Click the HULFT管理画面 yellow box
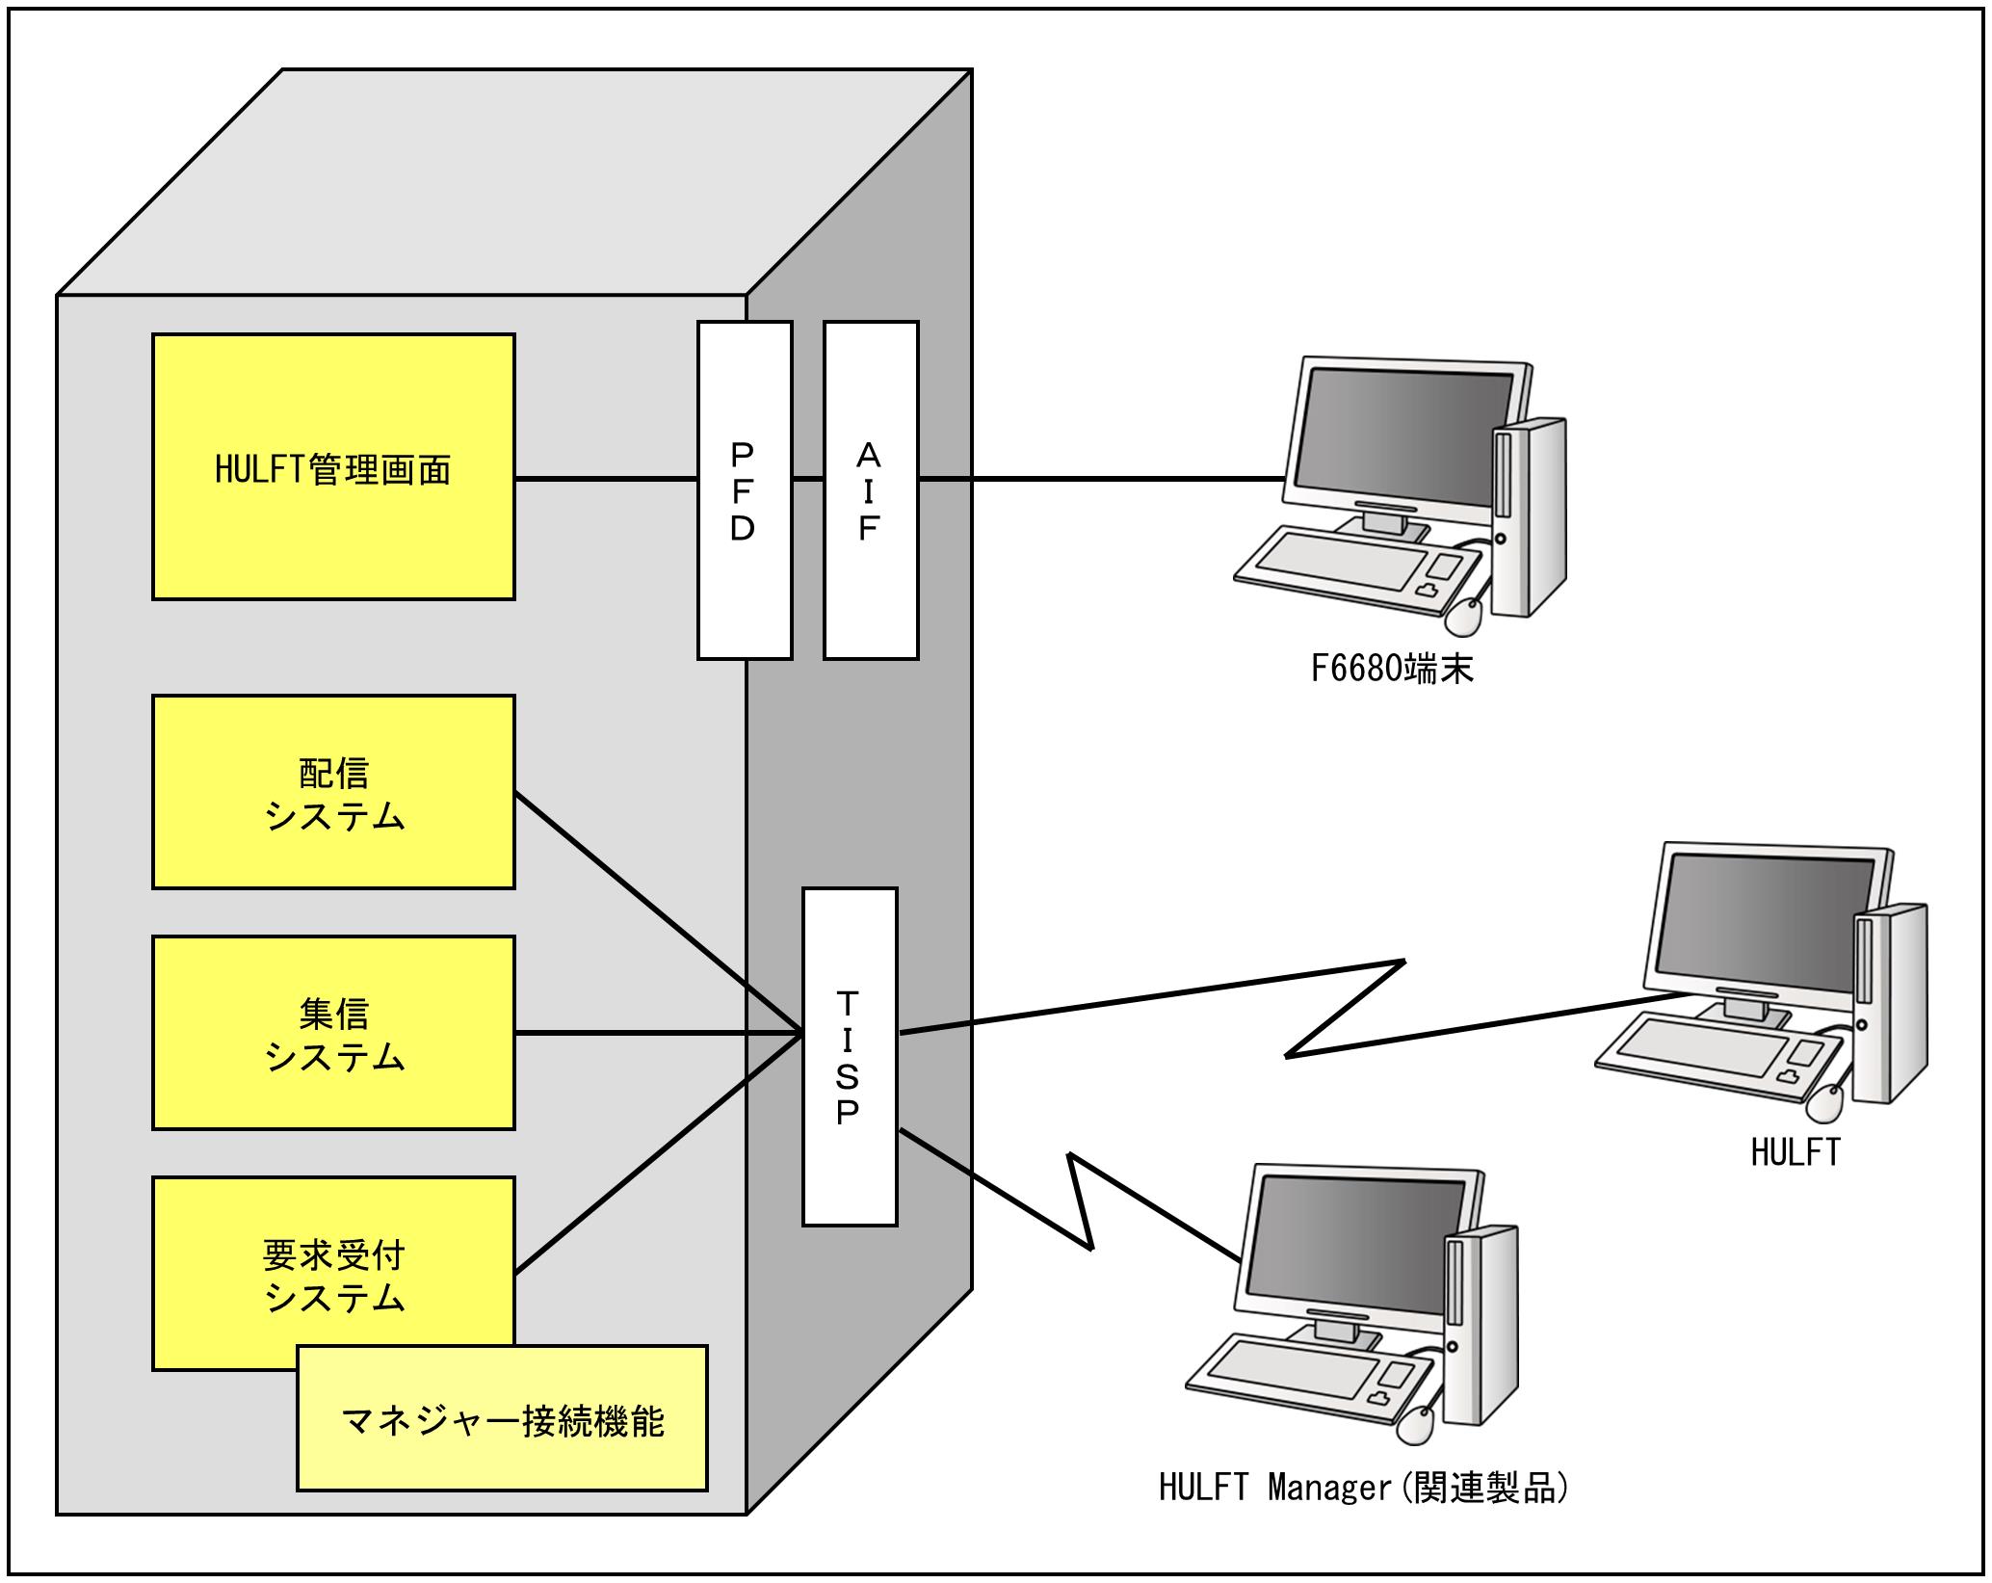(x=333, y=467)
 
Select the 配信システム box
(x=333, y=792)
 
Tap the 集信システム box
(x=333, y=1033)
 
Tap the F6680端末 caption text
(x=1391, y=669)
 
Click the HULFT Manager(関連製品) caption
(x=1363, y=1488)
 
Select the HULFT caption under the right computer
(x=1795, y=1153)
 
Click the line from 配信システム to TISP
(x=655, y=911)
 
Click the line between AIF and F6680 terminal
(x=1098, y=478)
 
